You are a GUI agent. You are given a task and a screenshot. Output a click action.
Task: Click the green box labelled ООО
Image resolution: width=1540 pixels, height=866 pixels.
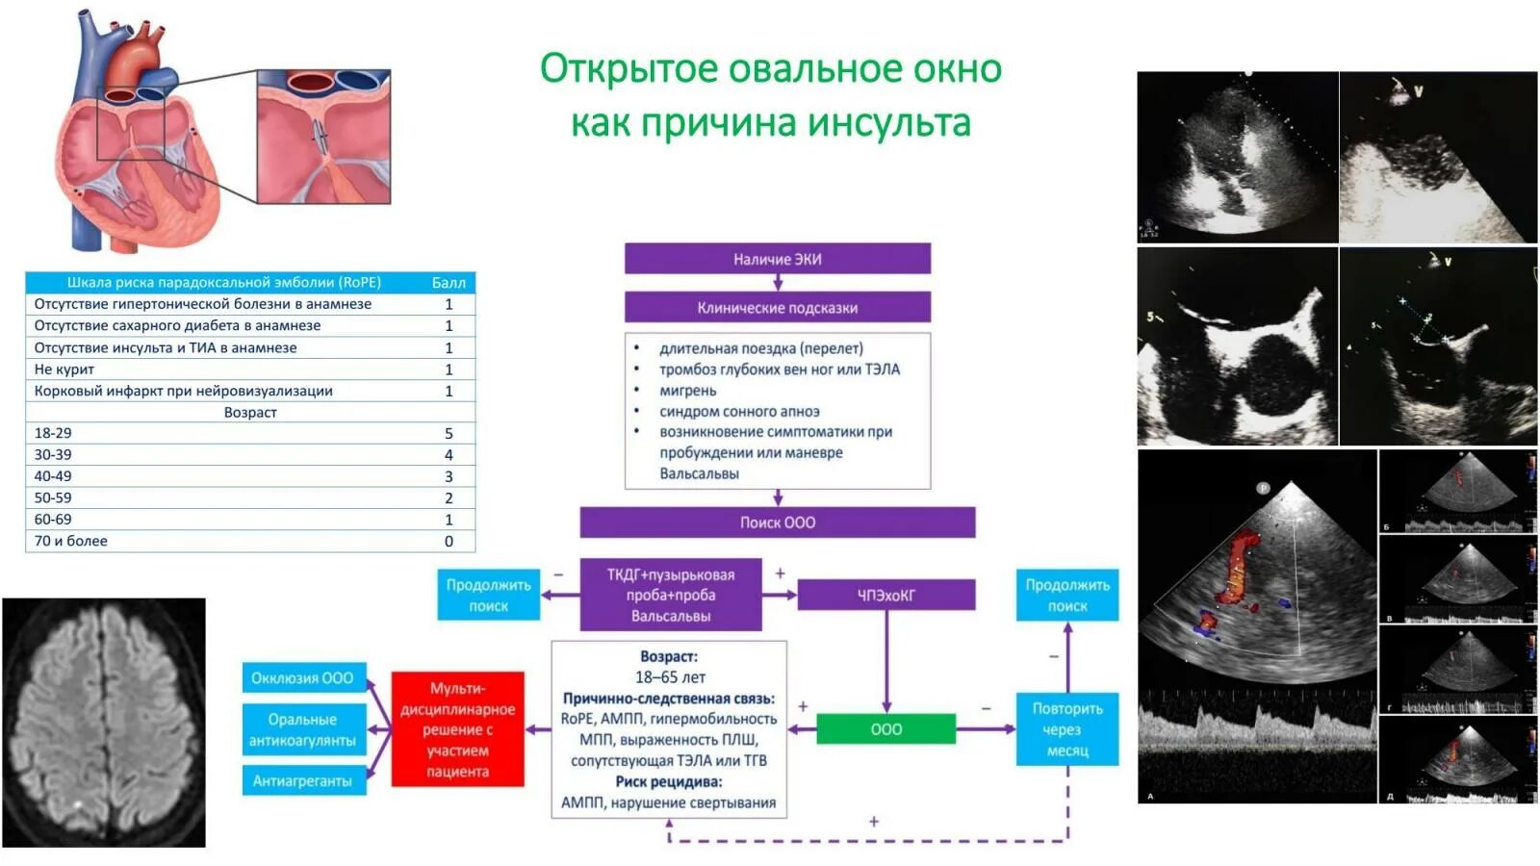[885, 729]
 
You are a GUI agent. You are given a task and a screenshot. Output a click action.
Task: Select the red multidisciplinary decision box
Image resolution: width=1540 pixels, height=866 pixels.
[458, 729]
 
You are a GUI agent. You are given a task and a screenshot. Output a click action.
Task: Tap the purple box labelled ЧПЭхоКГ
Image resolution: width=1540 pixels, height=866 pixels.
[885, 596]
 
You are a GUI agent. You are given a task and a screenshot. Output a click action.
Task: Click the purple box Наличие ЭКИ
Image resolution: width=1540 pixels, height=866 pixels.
[777, 259]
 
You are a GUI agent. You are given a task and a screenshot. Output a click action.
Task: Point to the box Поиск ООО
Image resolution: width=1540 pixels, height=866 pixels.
[777, 522]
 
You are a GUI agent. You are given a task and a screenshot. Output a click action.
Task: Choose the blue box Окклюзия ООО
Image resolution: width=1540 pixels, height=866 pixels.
[303, 678]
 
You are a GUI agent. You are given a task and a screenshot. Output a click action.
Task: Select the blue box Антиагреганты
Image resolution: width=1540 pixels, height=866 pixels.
[303, 781]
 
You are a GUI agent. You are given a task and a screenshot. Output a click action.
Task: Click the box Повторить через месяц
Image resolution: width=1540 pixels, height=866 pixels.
[1067, 729]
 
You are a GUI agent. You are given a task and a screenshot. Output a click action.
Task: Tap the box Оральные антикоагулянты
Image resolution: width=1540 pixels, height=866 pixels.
[303, 730]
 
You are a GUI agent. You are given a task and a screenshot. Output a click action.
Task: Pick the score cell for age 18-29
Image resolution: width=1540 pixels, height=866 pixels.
[449, 434]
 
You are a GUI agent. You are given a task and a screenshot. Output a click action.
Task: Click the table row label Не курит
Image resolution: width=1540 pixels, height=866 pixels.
[64, 369]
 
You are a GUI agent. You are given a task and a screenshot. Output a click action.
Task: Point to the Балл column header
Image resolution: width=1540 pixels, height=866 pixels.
[449, 283]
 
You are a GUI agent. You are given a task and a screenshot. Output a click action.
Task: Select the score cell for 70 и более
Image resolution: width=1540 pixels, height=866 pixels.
[449, 542]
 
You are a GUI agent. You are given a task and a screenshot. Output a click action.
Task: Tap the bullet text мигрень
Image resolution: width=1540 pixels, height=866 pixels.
[687, 391]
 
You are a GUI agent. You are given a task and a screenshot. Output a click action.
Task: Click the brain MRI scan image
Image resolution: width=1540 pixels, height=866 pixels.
[104, 723]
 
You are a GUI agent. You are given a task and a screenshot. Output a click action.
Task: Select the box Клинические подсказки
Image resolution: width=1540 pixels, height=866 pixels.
[777, 308]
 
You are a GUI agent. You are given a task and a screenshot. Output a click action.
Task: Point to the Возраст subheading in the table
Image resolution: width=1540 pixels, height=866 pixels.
[250, 413]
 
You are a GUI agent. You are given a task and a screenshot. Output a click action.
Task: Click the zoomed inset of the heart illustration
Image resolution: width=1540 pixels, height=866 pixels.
[323, 137]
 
